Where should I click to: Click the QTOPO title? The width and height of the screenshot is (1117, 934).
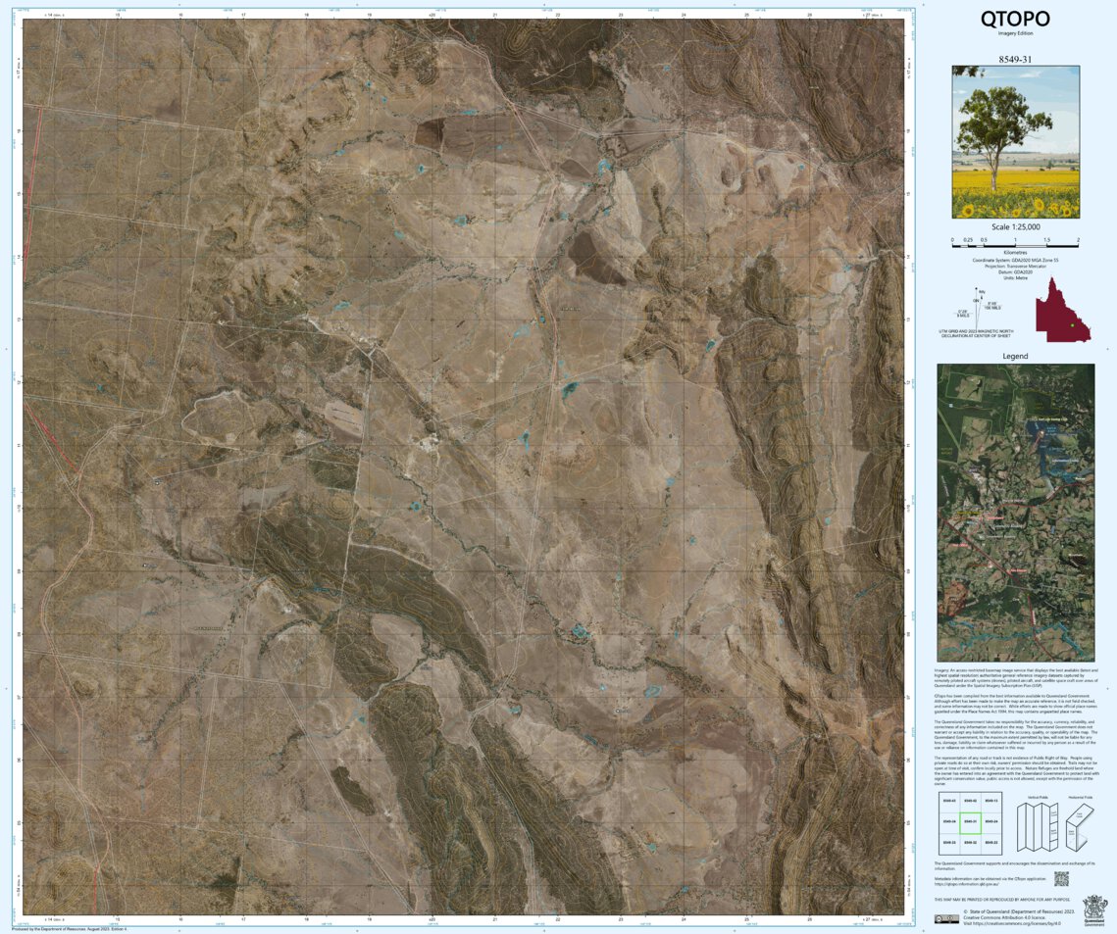(x=1015, y=18)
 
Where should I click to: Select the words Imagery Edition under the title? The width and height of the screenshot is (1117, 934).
(x=1015, y=33)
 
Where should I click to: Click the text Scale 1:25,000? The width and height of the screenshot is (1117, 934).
(x=1015, y=227)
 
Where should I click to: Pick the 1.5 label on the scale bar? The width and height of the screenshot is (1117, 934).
(x=1046, y=239)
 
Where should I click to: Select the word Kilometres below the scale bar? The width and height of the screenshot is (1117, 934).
(x=1015, y=251)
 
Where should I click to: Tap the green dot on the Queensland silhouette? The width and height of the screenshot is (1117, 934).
(x=1073, y=324)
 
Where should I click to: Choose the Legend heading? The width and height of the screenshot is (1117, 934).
(x=1015, y=356)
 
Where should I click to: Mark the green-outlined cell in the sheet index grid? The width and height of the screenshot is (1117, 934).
(x=969, y=821)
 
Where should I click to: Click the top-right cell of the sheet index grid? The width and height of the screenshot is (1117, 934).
(x=991, y=801)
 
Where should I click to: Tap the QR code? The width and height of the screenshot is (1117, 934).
(x=1060, y=879)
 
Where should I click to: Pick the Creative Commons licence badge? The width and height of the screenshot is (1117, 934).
(x=946, y=918)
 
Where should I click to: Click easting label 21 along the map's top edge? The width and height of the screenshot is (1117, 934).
(x=495, y=15)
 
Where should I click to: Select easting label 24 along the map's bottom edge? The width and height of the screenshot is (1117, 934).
(x=684, y=919)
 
